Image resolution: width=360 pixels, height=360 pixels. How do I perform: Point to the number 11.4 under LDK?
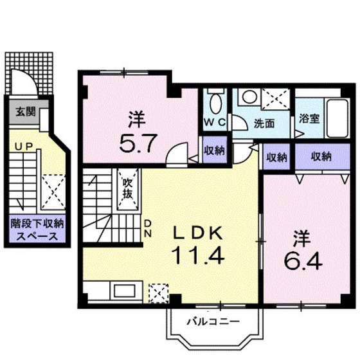click(x=197, y=255)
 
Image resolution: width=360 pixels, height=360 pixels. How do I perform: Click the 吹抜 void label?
click(x=128, y=189)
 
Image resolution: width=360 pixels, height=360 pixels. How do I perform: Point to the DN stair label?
click(x=147, y=228)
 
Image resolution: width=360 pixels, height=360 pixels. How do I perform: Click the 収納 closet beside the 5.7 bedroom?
click(x=215, y=150)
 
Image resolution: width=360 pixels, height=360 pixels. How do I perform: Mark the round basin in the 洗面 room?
click(x=248, y=97)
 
